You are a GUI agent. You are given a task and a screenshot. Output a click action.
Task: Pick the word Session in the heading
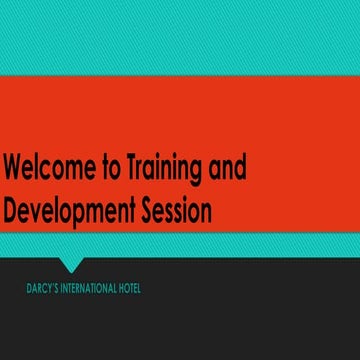point(175,211)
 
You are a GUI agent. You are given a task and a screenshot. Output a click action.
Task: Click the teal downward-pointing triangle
point(69,264)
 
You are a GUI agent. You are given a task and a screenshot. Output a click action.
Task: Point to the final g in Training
point(203,171)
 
